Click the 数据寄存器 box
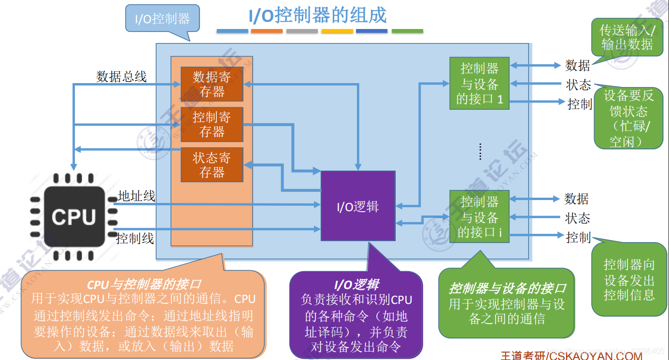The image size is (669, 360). pos(212,84)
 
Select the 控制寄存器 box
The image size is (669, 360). pos(212,124)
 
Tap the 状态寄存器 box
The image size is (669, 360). pos(212,165)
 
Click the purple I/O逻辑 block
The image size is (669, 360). pos(358,206)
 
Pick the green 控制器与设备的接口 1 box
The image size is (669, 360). pos(479,83)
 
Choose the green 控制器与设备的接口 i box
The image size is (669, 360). pos(479,216)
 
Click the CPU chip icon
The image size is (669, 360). pos(74,216)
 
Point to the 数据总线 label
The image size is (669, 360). pos(121,76)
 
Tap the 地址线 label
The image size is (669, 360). pos(136,196)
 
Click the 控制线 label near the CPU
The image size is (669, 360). pos(135,238)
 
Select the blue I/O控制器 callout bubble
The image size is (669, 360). pos(162,19)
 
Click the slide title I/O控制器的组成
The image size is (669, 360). pos(317,15)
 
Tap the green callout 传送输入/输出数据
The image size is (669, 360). pos(627,37)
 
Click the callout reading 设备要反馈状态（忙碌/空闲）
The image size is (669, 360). pos(628,118)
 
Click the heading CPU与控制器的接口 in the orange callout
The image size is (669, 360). pos(143,284)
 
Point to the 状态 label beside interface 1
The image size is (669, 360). pos(578,85)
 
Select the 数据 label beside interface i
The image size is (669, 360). pos(576,199)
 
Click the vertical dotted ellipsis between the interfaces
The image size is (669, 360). pos(480,151)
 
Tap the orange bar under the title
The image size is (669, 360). pos(267,31)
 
